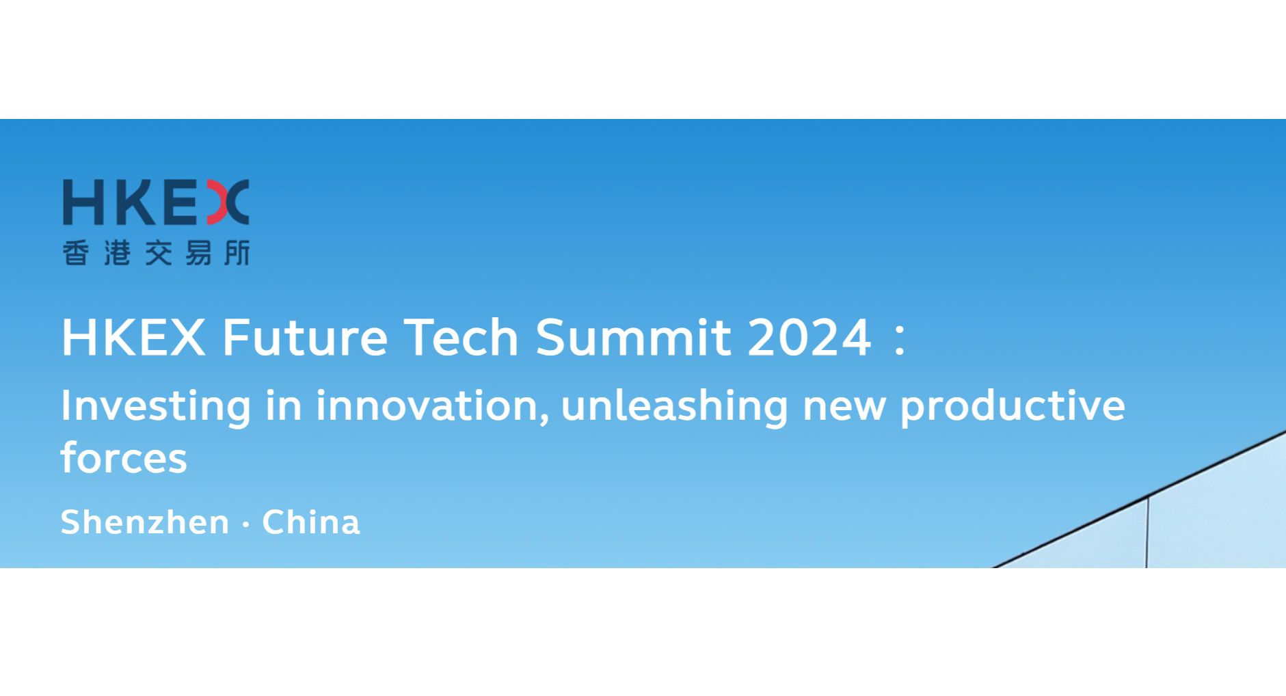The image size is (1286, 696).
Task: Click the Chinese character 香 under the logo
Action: click(76, 253)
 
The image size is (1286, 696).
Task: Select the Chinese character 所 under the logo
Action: click(237, 253)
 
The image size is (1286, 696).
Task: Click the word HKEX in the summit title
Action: click(133, 337)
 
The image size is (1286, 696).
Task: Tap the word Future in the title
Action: click(305, 337)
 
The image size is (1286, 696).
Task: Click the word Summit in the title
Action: click(633, 337)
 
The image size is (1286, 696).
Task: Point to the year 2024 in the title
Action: click(809, 337)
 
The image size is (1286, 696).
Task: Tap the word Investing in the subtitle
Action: click(156, 406)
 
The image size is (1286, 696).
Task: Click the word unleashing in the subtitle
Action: click(674, 406)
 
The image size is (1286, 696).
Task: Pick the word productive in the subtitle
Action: click(1012, 406)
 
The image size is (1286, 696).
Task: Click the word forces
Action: click(124, 458)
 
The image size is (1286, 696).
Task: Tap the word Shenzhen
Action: click(145, 522)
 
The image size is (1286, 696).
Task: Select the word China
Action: click(311, 522)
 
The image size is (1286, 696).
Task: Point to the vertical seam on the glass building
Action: click(1147, 533)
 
